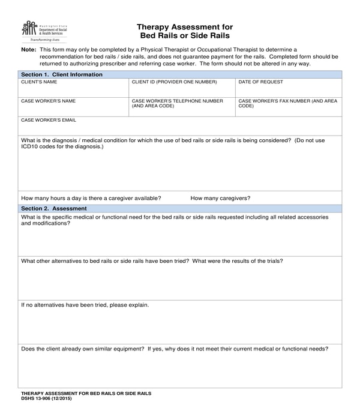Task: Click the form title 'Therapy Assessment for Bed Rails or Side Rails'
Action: point(185,31)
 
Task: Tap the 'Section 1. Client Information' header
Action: point(62,74)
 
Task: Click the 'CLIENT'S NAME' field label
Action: point(40,82)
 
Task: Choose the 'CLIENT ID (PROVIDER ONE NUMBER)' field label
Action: point(174,82)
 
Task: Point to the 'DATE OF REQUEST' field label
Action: point(261,82)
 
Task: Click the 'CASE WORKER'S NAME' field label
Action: point(49,101)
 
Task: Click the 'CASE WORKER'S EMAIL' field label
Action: point(49,120)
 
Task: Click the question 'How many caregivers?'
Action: point(220,198)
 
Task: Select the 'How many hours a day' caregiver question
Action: point(91,198)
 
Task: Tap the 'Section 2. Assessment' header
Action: point(54,208)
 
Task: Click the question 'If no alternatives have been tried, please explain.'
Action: point(85,305)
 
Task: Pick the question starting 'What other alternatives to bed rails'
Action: point(152,261)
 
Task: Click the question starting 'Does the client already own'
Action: point(174,349)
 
